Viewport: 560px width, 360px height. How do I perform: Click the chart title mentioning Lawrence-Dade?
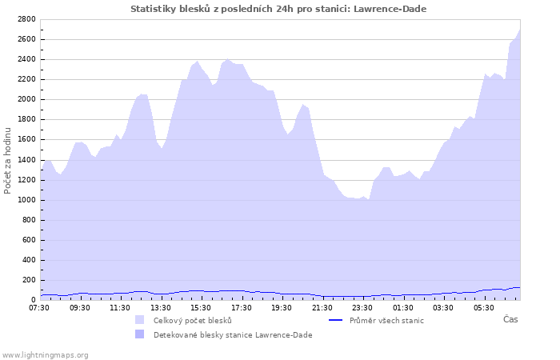[x=278, y=9]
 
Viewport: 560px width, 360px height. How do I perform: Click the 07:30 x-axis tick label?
[x=39, y=307]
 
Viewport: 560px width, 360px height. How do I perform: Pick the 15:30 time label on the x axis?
[x=201, y=307]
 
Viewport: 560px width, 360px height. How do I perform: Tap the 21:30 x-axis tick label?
[x=322, y=307]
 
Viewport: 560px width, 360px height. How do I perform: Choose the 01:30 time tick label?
[x=402, y=307]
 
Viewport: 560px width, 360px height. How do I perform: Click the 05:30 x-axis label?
[x=483, y=307]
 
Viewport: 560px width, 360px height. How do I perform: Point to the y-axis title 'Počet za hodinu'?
[x=9, y=160]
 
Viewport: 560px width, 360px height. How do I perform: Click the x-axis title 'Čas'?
[x=510, y=319]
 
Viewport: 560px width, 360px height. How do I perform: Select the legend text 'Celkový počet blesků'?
[x=193, y=320]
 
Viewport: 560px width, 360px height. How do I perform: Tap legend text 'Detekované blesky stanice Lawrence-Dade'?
[x=233, y=334]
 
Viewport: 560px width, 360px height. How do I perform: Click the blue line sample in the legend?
[x=336, y=320]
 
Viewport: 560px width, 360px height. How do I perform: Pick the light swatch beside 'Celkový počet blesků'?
[x=140, y=320]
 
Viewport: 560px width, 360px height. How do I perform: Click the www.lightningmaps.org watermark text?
[x=45, y=354]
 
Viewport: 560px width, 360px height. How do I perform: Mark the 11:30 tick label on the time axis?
[x=120, y=307]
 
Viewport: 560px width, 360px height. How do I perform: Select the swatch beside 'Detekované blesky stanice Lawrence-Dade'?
[x=140, y=334]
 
